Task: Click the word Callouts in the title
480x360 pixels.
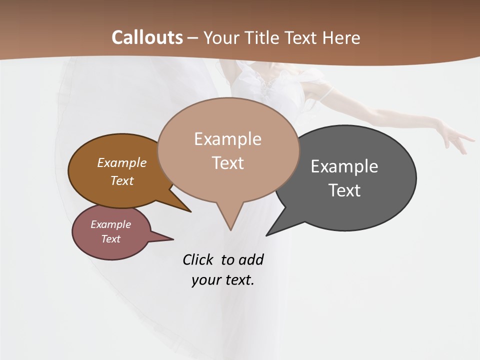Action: pos(147,37)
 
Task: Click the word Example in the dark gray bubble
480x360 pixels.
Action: pos(344,166)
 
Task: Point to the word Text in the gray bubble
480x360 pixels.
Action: pos(344,190)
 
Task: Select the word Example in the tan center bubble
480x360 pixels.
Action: pos(227,139)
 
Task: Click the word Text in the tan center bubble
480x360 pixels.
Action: pos(227,163)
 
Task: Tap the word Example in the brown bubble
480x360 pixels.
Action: pos(122,163)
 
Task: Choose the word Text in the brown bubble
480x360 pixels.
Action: pos(122,180)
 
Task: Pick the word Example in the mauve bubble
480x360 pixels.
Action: pos(110,224)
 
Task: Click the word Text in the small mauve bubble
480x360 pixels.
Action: pos(110,239)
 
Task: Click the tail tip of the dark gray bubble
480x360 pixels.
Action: pos(267,234)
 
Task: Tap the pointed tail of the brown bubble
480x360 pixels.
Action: pos(189,210)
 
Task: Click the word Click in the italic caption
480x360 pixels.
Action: pos(197,260)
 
